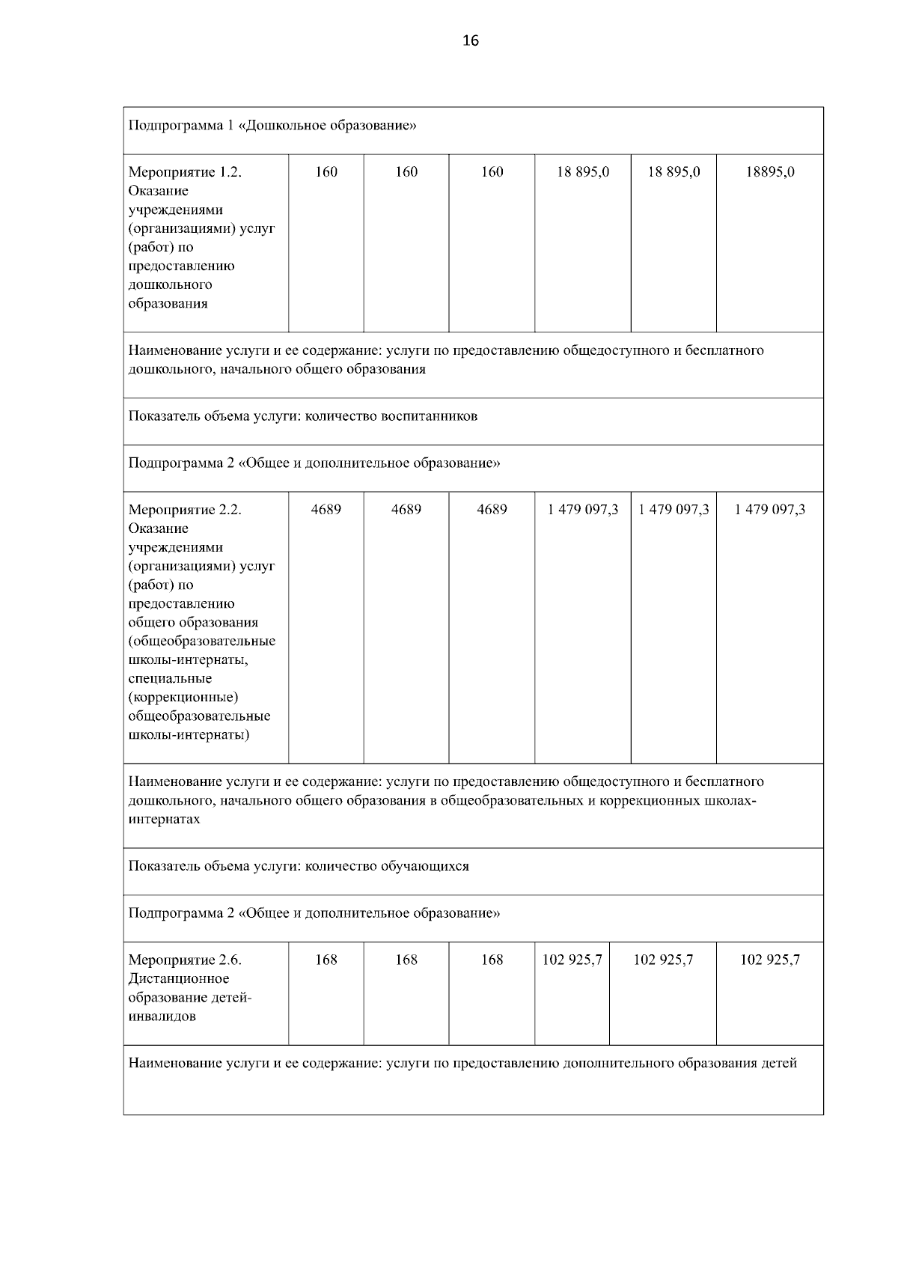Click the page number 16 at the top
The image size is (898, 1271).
471,40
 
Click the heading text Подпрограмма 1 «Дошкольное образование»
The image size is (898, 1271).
272,125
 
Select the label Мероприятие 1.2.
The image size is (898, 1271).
185,172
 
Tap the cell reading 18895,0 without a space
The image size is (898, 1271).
769,172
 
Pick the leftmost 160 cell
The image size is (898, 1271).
326,172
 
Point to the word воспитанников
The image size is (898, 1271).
430,416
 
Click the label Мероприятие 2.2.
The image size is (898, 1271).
185,510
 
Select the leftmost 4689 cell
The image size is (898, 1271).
326,510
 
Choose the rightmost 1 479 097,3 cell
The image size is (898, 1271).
769,510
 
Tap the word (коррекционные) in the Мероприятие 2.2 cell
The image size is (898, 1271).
183,698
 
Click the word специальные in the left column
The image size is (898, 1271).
170,679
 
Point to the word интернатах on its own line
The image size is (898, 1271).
164,820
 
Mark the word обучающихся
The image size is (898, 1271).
425,867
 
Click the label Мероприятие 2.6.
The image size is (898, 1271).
185,960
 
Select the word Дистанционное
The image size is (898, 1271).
179,979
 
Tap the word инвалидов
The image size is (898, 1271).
162,1017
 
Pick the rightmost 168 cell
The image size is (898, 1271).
492,960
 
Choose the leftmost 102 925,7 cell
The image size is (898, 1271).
572,960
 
